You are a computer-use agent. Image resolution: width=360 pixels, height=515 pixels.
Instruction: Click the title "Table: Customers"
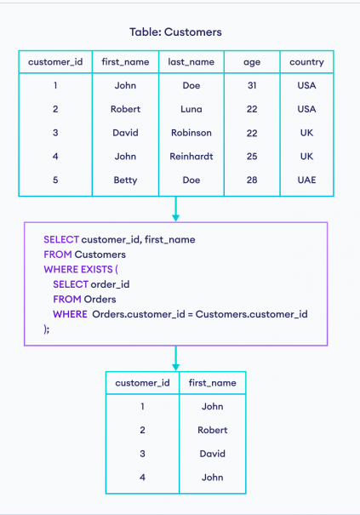175,31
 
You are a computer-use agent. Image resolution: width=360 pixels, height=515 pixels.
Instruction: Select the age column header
252,62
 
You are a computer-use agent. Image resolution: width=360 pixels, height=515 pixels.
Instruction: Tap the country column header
306,62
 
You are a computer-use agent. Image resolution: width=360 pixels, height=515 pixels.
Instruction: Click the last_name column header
191,62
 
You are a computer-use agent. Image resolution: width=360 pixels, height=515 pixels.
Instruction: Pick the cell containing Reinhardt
191,157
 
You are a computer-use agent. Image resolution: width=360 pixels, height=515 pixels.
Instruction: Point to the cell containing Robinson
191,133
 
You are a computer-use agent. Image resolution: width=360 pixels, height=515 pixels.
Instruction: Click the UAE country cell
306,180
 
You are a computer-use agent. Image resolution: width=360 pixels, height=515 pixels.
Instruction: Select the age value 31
252,85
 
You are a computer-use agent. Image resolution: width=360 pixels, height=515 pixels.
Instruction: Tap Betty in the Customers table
125,180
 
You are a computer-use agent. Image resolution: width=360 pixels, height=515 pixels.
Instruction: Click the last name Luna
191,109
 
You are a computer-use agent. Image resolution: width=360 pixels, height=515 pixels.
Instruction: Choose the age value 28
252,180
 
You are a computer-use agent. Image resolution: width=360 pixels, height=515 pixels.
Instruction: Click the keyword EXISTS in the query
96,269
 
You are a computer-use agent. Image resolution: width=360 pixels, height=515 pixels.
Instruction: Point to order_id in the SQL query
110,284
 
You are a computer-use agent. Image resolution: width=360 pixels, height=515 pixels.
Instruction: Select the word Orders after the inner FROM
100,300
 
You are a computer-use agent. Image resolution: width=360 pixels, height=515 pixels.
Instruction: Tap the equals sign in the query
190,314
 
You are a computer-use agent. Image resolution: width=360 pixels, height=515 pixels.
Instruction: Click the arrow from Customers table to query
175,209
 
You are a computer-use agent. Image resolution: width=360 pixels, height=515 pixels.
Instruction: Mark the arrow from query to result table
175,358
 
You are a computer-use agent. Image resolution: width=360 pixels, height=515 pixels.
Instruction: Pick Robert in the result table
213,430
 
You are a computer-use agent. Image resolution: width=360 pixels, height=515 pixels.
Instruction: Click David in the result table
213,454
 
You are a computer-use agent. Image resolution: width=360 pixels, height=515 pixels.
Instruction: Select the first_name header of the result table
213,383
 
